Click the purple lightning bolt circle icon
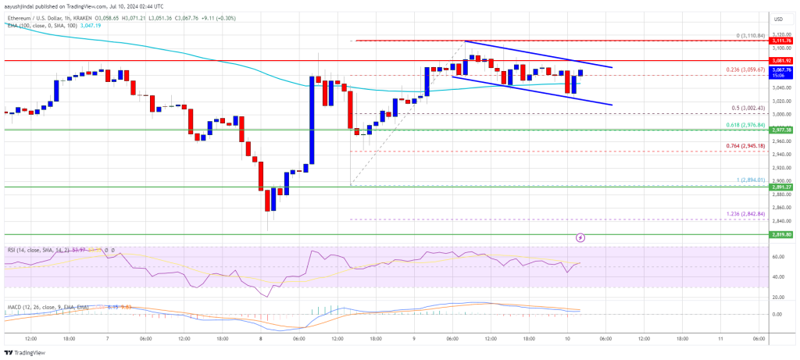point(580,237)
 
